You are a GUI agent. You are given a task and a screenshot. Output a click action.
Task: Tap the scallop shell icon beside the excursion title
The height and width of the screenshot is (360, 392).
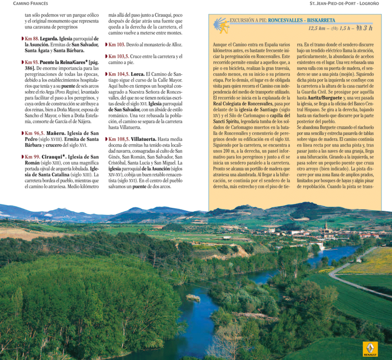point(220,24)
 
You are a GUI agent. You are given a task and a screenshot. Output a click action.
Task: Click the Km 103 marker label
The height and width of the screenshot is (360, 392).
point(116,45)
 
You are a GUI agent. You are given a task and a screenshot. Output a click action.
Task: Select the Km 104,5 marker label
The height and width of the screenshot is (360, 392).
point(119,74)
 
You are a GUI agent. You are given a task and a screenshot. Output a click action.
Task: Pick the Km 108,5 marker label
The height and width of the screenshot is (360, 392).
point(119,139)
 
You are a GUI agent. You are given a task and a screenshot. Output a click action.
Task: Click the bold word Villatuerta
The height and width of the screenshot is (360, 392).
point(143,139)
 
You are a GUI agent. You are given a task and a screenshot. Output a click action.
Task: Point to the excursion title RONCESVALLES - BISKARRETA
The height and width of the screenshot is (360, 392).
point(308,21)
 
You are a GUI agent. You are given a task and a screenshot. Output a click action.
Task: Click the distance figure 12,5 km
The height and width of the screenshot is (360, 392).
point(318,28)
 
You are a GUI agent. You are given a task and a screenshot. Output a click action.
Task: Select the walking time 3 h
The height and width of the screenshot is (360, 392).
point(368,28)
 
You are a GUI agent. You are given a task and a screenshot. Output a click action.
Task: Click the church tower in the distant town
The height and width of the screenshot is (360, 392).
point(325,227)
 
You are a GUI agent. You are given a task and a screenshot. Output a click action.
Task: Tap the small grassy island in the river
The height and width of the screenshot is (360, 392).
point(193,297)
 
